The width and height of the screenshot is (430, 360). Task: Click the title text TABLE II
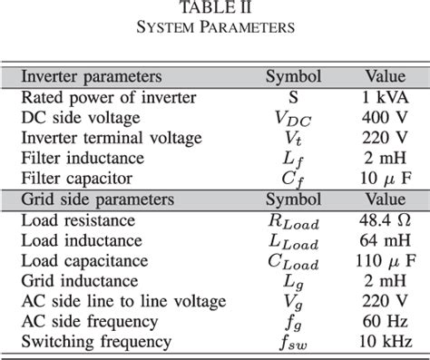click(215, 8)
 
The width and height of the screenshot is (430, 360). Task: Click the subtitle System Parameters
click(215, 27)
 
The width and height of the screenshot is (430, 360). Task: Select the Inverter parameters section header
click(91, 76)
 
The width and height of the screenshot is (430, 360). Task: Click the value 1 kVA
click(391, 97)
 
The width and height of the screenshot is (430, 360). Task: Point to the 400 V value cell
click(391, 117)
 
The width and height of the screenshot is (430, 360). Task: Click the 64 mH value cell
click(391, 240)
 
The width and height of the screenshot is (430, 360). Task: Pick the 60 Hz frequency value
click(391, 321)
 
